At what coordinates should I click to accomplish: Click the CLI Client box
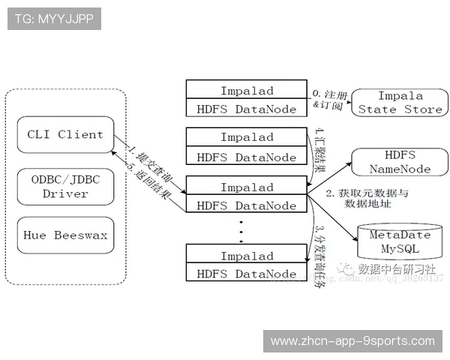[64, 135]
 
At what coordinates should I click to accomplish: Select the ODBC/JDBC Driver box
[64, 185]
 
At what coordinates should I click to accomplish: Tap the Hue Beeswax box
[64, 235]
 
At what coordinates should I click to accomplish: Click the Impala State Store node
[400, 103]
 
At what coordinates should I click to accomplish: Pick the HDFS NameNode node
[400, 162]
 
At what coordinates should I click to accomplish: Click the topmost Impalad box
[247, 91]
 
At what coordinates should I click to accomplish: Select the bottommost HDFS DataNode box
[247, 274]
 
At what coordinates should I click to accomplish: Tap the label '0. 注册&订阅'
[329, 100]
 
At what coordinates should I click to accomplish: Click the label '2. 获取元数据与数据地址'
[367, 199]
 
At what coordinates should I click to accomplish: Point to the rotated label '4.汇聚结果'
[319, 149]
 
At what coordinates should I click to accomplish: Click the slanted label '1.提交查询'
[147, 154]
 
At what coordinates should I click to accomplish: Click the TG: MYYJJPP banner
[54, 19]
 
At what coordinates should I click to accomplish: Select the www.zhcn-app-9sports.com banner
[352, 341]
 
